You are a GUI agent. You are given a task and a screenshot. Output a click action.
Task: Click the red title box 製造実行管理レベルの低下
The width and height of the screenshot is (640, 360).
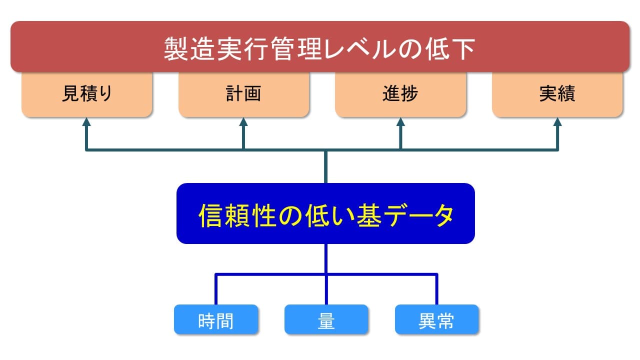[x=320, y=46]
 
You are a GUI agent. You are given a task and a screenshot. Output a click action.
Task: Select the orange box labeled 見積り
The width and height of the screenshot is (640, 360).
[x=87, y=94]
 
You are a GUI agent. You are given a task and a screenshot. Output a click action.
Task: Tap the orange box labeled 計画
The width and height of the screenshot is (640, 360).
[x=243, y=94]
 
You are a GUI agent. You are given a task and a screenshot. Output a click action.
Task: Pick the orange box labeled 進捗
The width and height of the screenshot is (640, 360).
[x=400, y=94]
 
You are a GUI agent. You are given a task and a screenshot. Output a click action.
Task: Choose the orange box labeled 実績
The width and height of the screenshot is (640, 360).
[x=557, y=94]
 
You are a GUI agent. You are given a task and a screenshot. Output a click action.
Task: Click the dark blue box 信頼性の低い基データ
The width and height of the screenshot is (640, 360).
[x=325, y=213]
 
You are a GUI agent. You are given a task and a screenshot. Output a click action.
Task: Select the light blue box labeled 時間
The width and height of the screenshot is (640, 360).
[x=216, y=319]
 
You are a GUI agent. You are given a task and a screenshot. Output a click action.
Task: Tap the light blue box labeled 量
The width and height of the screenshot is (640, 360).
[x=326, y=319]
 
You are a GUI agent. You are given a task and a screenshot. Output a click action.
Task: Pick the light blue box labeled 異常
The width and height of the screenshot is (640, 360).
[x=437, y=319]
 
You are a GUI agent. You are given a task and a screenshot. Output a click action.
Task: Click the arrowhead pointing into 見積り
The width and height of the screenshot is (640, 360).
[x=86, y=122]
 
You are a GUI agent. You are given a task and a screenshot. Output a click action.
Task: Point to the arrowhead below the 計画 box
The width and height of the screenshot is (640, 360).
[x=243, y=122]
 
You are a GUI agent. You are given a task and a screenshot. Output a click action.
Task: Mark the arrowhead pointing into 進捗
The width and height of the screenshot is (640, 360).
[x=400, y=122]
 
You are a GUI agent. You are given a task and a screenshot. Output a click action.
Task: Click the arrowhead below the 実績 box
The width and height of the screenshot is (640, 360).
[x=557, y=122]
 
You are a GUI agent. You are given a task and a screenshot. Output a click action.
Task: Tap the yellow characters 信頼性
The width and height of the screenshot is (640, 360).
[x=237, y=215]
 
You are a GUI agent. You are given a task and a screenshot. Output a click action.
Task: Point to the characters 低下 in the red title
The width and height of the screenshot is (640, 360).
[x=450, y=49]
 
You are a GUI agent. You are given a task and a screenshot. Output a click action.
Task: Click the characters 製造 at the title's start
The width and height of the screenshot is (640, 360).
[x=189, y=49]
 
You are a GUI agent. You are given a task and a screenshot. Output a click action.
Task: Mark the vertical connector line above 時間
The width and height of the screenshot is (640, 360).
[x=216, y=289]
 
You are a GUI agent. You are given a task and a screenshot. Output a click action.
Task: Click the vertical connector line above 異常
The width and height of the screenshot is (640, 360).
[x=436, y=289]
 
